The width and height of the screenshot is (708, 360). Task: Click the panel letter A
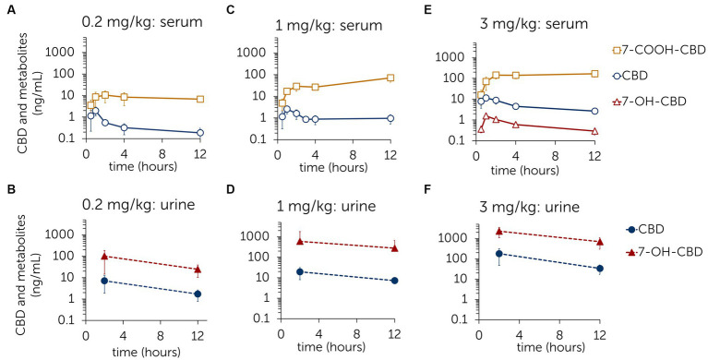8,9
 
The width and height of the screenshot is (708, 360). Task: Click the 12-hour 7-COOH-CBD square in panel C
390,78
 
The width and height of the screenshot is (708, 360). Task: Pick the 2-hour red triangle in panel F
500,232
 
